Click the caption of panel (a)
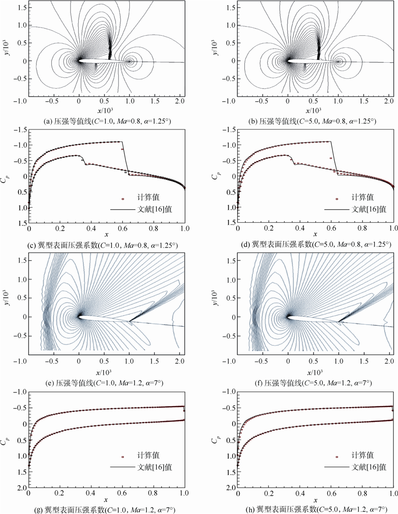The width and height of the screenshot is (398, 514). (x=106, y=121)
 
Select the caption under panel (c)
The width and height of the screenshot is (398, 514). (x=106, y=245)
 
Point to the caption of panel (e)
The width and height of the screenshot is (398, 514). (x=106, y=383)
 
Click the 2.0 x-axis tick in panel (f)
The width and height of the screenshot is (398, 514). (x=389, y=359)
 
